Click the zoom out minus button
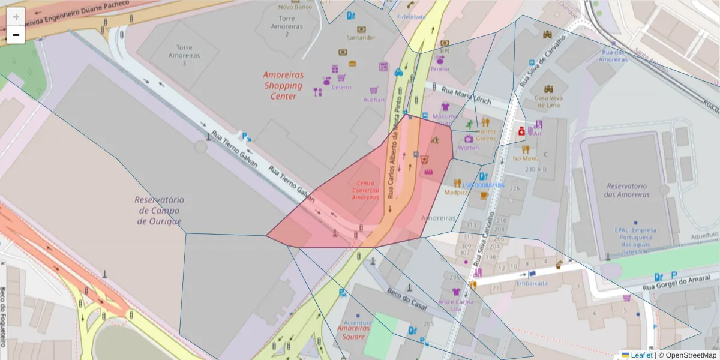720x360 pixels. pos(16,35)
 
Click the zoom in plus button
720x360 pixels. pos(16,17)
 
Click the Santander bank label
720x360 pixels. pos(361,38)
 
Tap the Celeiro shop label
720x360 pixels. pos(341,88)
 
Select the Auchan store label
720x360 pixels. pos(374,100)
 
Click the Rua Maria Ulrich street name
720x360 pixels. pos(466,96)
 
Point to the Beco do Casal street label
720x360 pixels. pos(407,298)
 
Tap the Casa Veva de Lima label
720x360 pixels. pos(548,101)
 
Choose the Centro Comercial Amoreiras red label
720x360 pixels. pos(365,190)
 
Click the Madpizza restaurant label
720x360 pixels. pos(457,193)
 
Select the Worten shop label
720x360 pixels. pos(468,148)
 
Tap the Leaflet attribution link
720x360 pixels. pos(641,355)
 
